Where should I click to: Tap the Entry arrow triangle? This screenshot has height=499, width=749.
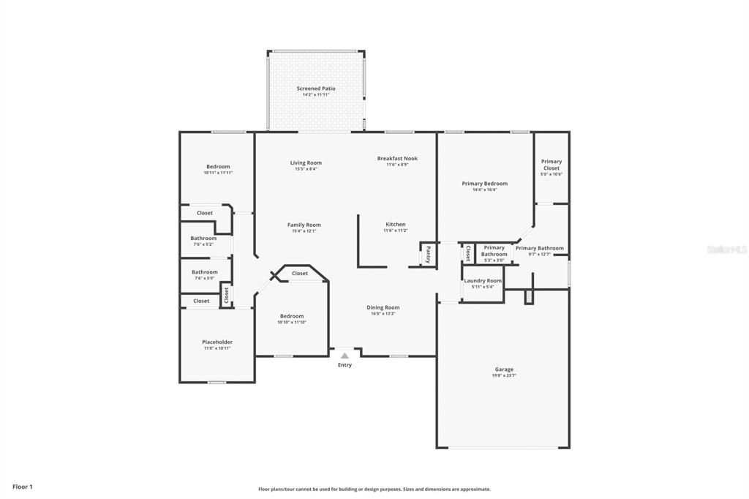(x=345, y=356)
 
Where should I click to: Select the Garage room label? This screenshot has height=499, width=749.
(x=503, y=369)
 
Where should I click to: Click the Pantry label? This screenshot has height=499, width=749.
(x=428, y=254)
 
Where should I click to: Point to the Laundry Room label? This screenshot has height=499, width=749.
(x=483, y=281)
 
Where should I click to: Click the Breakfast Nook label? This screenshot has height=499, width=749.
(x=397, y=159)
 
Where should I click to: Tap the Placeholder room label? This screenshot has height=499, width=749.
(x=217, y=342)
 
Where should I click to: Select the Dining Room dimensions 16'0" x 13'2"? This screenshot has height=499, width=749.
(x=383, y=314)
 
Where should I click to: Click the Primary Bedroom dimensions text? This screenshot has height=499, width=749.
(x=484, y=190)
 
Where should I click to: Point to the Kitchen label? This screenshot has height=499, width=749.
(x=395, y=225)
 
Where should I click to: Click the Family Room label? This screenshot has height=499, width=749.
(x=304, y=225)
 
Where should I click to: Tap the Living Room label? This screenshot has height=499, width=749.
(x=306, y=163)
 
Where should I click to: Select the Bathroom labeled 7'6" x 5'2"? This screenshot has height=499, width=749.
(x=203, y=239)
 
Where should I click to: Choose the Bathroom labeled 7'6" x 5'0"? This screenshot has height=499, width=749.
(x=204, y=272)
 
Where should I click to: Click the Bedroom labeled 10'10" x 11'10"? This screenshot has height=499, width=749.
(x=291, y=316)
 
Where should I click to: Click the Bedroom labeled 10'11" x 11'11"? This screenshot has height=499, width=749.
(x=218, y=167)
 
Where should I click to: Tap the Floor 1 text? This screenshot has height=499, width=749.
(x=23, y=487)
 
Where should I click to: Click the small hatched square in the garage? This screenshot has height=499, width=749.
(x=530, y=297)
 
